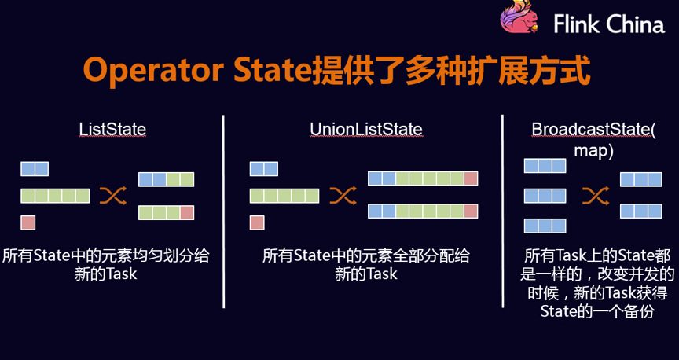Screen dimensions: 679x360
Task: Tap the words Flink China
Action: tap(609, 24)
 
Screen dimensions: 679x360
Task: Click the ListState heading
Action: tap(112, 129)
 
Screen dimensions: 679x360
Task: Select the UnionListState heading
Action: tap(366, 129)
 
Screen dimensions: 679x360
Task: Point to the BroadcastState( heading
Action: tap(593, 130)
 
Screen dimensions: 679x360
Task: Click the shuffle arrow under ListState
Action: tap(113, 196)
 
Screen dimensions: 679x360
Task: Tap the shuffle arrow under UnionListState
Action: tap(343, 196)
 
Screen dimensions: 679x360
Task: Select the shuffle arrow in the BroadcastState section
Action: tap(596, 196)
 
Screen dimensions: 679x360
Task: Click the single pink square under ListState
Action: tap(28, 222)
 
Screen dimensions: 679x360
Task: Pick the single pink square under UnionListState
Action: tap(257, 222)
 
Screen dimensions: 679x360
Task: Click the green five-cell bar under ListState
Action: tap(56, 196)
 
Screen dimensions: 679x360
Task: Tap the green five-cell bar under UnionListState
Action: tap(284, 196)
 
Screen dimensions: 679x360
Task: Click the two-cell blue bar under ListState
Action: tap(35, 169)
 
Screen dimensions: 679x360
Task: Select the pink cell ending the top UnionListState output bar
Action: tap(471, 178)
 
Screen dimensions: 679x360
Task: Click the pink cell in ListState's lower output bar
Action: tap(187, 213)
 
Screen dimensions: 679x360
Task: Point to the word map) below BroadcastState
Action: tap(593, 151)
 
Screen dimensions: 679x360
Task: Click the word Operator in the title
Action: tap(153, 71)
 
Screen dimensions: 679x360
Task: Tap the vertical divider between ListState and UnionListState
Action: tap(223, 211)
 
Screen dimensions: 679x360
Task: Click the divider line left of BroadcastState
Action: tap(503, 211)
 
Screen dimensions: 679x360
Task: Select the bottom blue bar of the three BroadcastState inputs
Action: tap(545, 226)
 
